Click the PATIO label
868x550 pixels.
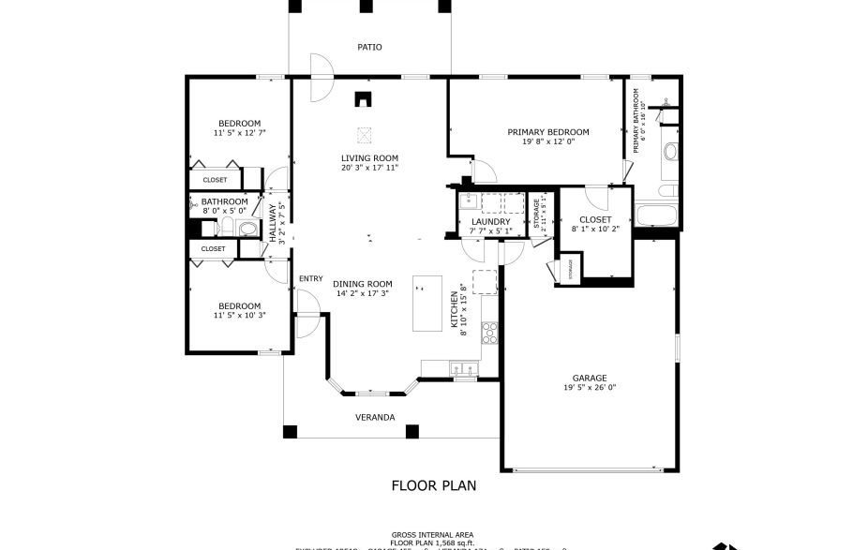point(369,47)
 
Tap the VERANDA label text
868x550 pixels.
point(374,417)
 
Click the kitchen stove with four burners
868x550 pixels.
point(488,331)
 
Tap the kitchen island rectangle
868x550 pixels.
point(427,304)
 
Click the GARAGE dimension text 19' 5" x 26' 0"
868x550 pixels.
point(590,387)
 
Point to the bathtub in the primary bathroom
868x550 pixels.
point(657,215)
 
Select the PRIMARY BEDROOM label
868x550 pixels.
point(548,132)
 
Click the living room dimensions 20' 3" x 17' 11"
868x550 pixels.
point(369,168)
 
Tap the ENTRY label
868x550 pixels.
point(310,279)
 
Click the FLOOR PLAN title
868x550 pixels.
point(433,485)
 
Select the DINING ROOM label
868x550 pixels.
point(363,284)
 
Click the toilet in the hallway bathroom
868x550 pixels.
point(247,229)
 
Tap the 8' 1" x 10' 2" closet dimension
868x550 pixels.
point(595,229)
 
